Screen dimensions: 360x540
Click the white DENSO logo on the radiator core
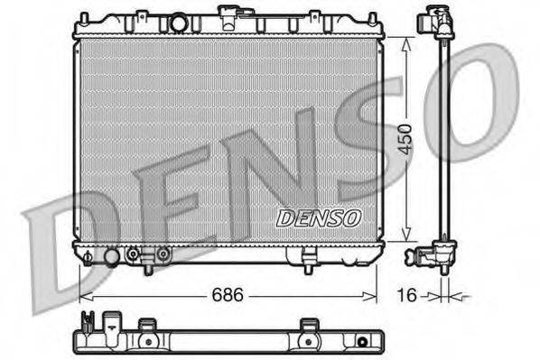pyautogui.click(x=318, y=217)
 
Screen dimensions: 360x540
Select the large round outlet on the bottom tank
pyautogui.click(x=111, y=257)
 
